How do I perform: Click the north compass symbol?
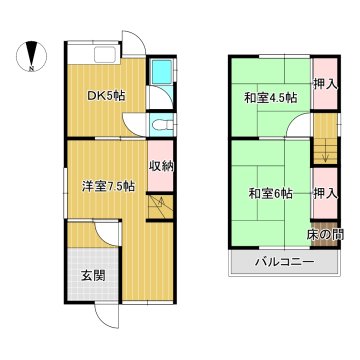click(x=31, y=56)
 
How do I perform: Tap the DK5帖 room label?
click(x=106, y=96)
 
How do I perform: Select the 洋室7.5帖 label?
click(x=109, y=186)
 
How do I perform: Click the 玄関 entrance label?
click(x=93, y=275)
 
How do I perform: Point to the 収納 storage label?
click(x=161, y=166)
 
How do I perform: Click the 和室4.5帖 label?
click(x=271, y=98)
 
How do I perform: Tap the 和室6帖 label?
click(x=271, y=193)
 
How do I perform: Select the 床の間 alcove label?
click(x=325, y=235)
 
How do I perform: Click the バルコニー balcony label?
click(x=285, y=262)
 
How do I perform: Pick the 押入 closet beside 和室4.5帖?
click(x=325, y=85)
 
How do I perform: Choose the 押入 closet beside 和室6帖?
click(x=325, y=193)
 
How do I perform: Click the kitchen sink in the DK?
click(x=105, y=54)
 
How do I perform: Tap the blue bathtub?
click(x=161, y=72)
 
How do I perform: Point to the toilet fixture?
click(x=162, y=125)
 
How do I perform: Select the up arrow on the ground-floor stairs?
click(x=161, y=202)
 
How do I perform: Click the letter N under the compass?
click(x=31, y=69)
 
